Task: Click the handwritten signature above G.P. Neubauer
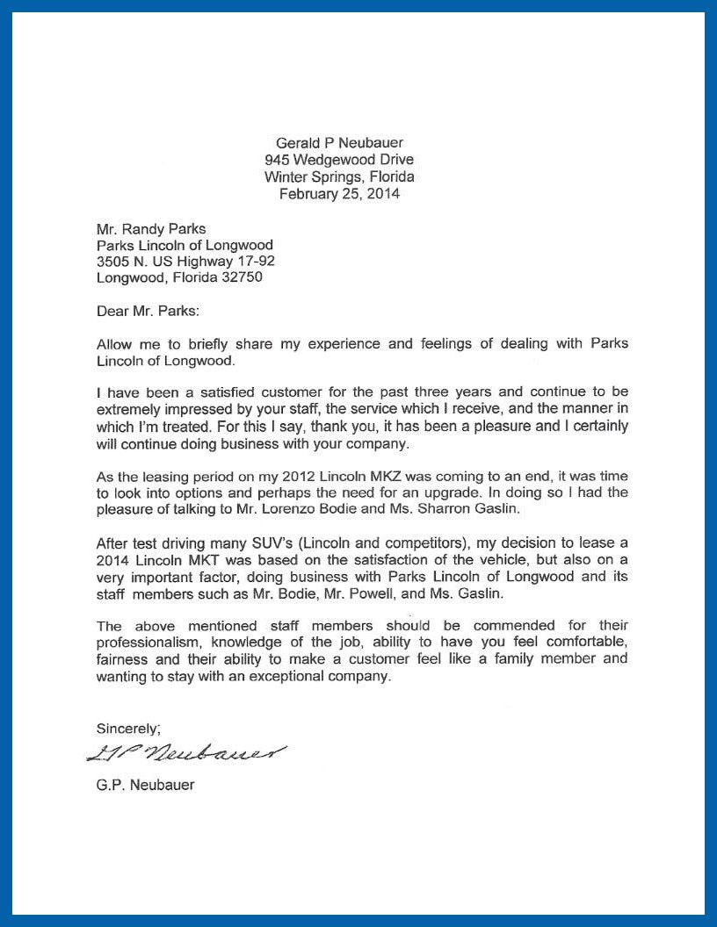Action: [x=186, y=751]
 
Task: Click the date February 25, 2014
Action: [x=339, y=194]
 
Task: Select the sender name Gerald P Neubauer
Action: [x=339, y=142]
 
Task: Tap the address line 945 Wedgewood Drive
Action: [x=339, y=160]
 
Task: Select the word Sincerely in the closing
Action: [x=127, y=728]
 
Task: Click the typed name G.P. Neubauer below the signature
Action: [x=145, y=785]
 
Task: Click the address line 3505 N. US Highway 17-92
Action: [x=190, y=262]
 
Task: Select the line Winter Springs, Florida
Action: [x=339, y=176]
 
